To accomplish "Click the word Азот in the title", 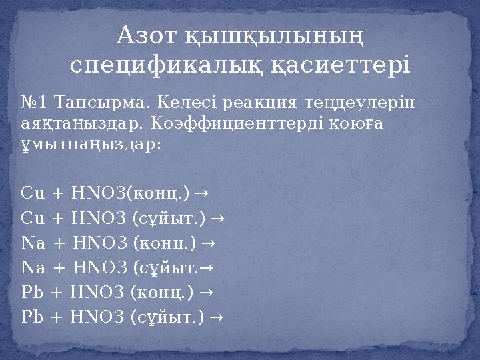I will click(143, 35).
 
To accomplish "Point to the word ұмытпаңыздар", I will click(90, 144).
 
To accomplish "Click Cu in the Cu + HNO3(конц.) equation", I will click(32, 193).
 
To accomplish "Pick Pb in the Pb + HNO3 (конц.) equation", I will click(32, 292).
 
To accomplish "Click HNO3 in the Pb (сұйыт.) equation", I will click(99, 317).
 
